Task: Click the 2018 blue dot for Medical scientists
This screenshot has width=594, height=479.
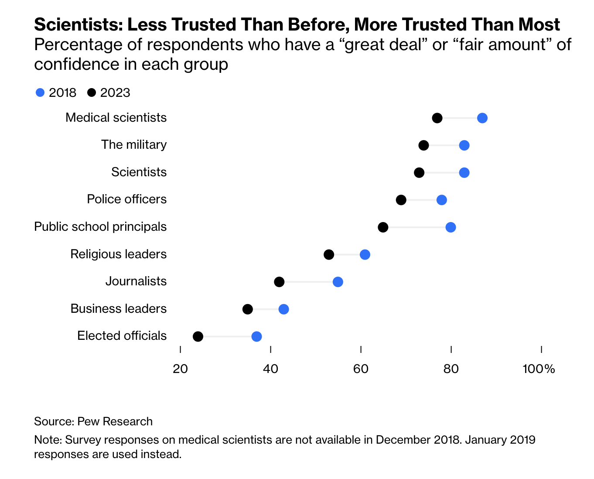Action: pyautogui.click(x=482, y=118)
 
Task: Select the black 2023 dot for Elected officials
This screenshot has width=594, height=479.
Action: pyautogui.click(x=198, y=336)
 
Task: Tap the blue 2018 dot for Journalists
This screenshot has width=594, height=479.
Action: pyautogui.click(x=338, y=282)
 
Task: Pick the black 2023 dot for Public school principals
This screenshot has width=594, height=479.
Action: pyautogui.click(x=383, y=227)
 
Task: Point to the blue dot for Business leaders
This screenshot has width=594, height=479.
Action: pyautogui.click(x=283, y=309)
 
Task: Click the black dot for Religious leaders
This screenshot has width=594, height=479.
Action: pyautogui.click(x=329, y=255)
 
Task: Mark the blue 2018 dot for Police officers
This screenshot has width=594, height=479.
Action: pyautogui.click(x=441, y=200)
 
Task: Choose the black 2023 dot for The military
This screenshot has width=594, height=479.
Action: pyautogui.click(x=423, y=145)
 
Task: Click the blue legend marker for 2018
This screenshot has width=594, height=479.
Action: pyautogui.click(x=40, y=92)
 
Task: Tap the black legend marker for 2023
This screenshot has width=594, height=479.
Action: pyautogui.click(x=92, y=92)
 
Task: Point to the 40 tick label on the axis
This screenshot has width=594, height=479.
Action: pyautogui.click(x=270, y=369)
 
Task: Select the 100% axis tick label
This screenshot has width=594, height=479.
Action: pyautogui.click(x=539, y=369)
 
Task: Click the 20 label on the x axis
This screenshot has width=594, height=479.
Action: pyautogui.click(x=180, y=369)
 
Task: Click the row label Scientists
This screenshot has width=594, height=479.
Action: pyautogui.click(x=139, y=172)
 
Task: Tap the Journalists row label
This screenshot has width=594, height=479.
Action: pyautogui.click(x=136, y=281)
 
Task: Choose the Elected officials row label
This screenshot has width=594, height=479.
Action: pyautogui.click(x=122, y=335)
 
